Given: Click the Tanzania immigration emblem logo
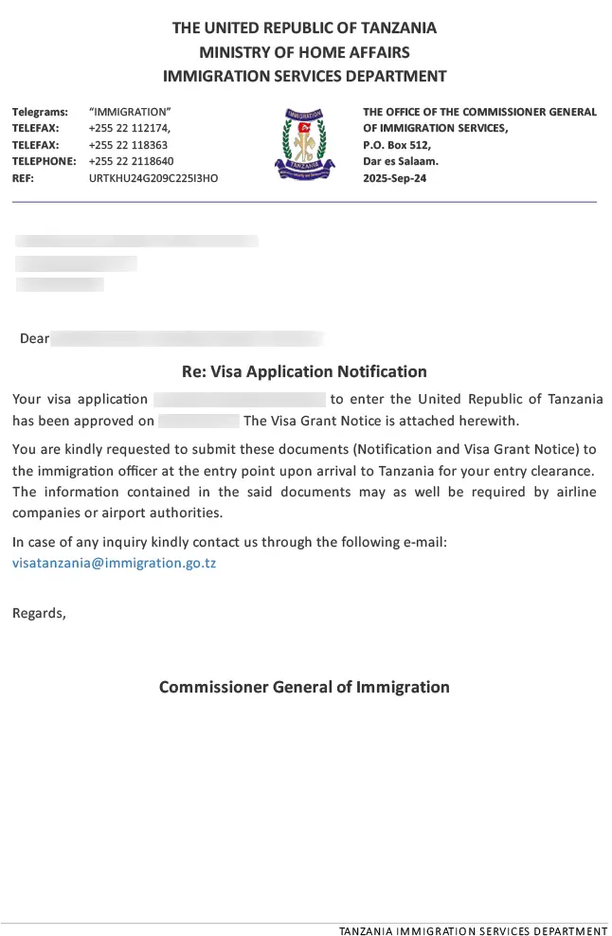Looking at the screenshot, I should coord(304,144).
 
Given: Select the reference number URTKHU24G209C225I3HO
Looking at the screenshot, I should coord(153,178).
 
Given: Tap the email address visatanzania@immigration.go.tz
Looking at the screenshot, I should coord(115,563).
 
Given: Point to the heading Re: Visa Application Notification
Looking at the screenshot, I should coord(304,371).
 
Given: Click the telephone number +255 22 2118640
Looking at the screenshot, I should coord(131,161).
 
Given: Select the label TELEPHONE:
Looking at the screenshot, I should coord(44,161).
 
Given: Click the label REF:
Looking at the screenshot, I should coord(23,178).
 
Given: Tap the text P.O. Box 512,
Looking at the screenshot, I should coord(397,145).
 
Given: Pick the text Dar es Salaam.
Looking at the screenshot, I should coord(401,161).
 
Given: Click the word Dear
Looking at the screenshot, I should coord(34,338).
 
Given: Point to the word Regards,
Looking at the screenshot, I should coord(39,612).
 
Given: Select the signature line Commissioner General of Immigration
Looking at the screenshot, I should coord(304,687).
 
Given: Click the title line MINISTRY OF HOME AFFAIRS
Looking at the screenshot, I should coord(304,52).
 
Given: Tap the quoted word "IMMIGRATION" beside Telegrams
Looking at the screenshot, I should coord(130,112).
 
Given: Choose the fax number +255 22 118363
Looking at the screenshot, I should coord(128,145).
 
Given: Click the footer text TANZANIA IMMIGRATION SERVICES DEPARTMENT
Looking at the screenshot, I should coord(473,931).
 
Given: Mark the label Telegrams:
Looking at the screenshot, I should coord(40,112).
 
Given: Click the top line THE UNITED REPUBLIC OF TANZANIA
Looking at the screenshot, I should coord(304,27).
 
